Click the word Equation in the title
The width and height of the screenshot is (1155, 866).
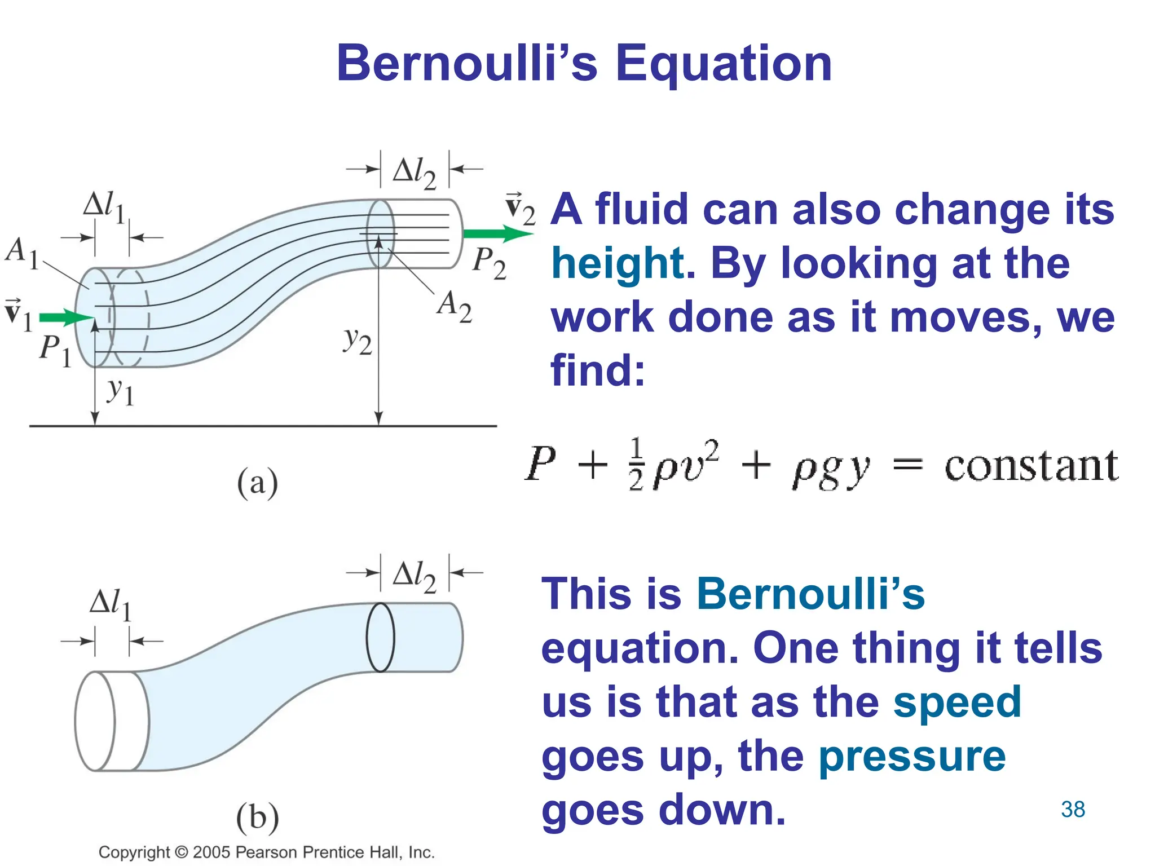click(x=724, y=64)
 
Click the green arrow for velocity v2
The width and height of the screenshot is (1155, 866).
click(x=496, y=233)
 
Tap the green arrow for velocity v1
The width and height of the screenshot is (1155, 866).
click(x=65, y=318)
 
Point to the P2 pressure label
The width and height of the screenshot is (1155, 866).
click(x=489, y=263)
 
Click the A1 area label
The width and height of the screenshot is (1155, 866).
click(x=21, y=252)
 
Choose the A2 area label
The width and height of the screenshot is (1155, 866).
click(x=454, y=306)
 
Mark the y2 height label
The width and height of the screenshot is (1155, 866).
click(x=358, y=341)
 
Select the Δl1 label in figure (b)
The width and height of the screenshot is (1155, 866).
click(x=110, y=604)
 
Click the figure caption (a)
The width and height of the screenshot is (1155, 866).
click(x=257, y=483)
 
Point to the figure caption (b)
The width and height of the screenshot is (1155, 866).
click(x=257, y=817)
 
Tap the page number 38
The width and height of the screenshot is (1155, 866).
click(x=1073, y=810)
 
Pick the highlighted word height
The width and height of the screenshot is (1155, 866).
click(x=618, y=264)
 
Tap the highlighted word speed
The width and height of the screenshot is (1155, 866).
click(x=957, y=702)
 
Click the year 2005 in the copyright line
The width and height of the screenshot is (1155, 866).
click(x=211, y=852)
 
